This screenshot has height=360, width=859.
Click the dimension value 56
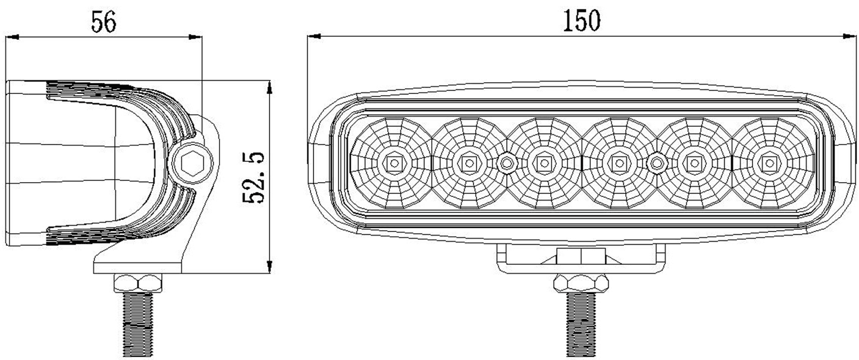point(104,22)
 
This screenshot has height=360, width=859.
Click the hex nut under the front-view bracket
point(580,283)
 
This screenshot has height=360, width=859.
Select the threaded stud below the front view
point(581,325)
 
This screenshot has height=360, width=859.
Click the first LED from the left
point(393,162)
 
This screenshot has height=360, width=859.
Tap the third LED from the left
point(543,162)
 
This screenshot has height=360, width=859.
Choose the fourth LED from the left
point(619,162)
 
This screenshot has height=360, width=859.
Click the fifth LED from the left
point(694,162)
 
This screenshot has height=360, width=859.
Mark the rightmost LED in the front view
point(769,162)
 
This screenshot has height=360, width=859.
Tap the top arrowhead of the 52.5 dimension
point(269,87)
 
